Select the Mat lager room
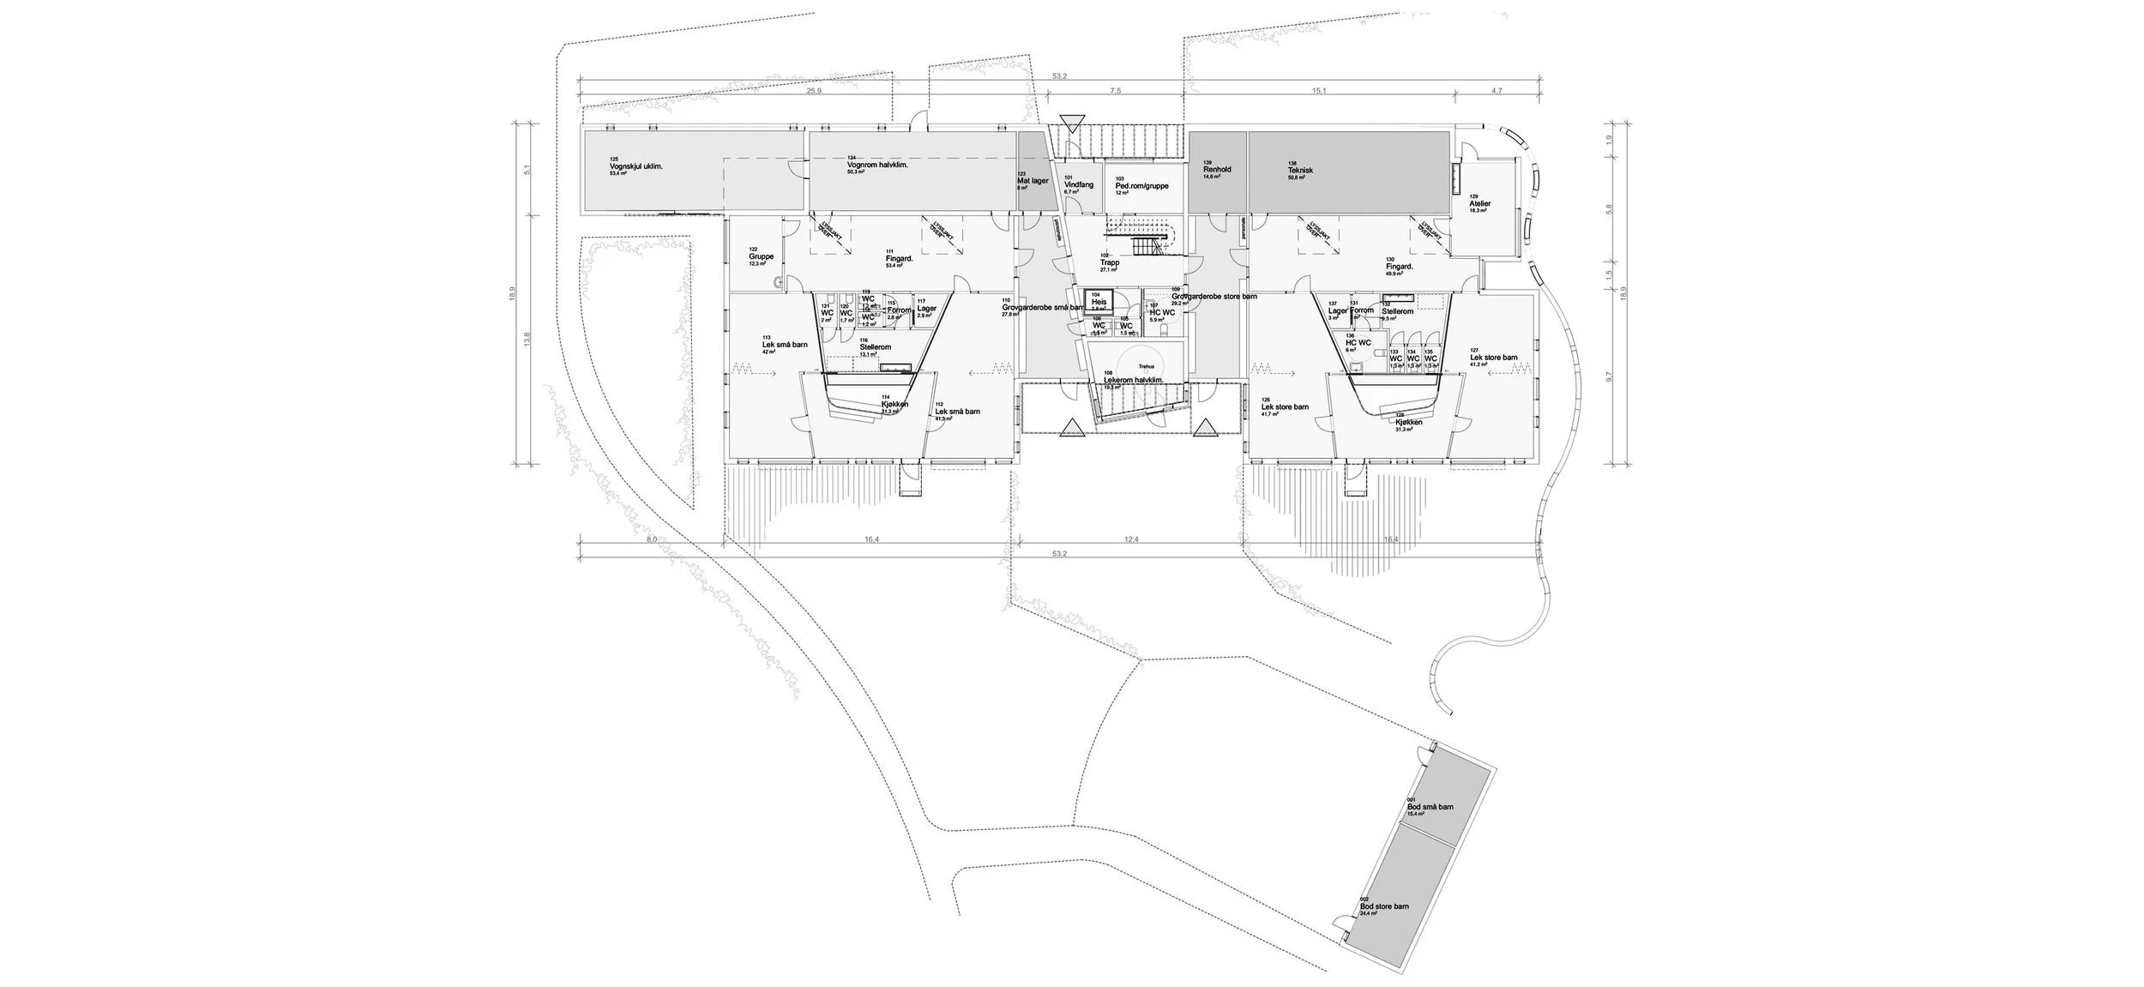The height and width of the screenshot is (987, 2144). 1033,181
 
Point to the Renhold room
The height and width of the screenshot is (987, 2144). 1217,170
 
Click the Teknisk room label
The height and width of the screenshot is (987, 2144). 1300,171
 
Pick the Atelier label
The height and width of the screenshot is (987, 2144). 1480,204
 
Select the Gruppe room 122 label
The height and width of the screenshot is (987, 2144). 160,256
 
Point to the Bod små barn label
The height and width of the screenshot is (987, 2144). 1430,807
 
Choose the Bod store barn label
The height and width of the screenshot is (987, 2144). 1384,906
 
